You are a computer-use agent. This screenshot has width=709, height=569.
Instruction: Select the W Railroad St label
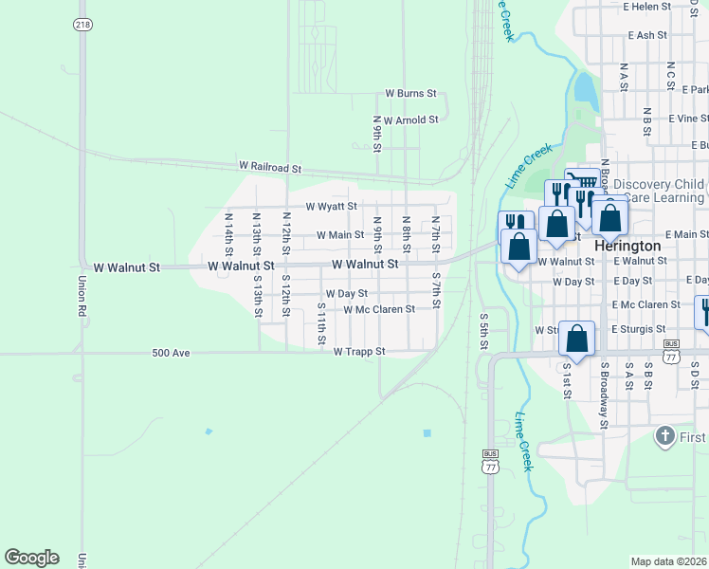point(270,168)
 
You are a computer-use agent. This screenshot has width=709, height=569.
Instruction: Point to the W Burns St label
point(410,94)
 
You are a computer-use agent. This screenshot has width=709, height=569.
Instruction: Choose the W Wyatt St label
point(331,206)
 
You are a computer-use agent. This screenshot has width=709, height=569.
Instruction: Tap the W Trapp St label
point(359,352)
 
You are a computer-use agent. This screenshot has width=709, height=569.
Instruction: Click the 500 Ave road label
point(172,353)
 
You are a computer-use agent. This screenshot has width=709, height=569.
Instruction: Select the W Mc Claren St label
point(379,309)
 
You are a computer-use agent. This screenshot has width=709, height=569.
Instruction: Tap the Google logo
point(31,558)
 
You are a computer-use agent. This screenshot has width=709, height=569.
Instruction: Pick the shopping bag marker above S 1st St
point(577,338)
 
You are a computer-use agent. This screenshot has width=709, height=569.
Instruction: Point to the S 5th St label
point(483,331)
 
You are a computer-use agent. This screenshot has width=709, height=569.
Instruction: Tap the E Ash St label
point(648,35)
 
